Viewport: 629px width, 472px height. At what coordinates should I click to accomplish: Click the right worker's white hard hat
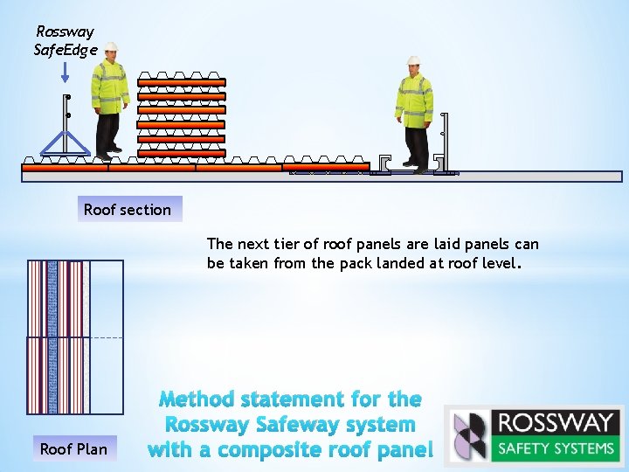click(x=413, y=61)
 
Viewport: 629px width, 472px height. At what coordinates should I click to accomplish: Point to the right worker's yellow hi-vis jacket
click(x=414, y=99)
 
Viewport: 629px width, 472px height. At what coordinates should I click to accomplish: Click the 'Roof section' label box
click(x=128, y=210)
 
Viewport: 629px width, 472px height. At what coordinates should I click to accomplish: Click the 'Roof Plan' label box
click(x=73, y=449)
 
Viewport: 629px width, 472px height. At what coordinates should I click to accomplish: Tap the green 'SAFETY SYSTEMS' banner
click(x=555, y=448)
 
